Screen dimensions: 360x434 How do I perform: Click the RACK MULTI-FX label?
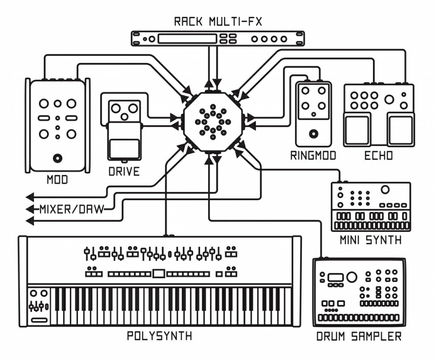pos(217,22)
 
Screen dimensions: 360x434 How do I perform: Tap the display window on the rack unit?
pos(187,39)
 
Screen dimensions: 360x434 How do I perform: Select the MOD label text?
pos(57,180)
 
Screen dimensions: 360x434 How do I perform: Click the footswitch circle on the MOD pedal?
pos(57,159)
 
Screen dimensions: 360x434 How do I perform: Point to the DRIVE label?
pos(124,171)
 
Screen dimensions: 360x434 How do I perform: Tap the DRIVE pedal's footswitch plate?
pos(124,148)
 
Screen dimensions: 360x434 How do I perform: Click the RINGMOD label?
pos(313,156)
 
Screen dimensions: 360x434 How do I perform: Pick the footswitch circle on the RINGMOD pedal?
pos(313,134)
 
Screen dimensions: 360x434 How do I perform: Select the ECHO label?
pos(378,156)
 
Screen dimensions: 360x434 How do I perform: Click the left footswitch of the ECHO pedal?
pos(357,130)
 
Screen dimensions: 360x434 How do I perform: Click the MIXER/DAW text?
pos(72,209)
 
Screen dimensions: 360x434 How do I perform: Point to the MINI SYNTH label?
pos(371,240)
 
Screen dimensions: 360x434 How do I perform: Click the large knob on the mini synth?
pos(385,190)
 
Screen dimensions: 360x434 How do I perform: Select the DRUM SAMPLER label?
pos(359,337)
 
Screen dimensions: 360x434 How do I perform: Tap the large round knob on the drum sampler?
pos(351,277)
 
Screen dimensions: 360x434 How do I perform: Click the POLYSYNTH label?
pos(159,336)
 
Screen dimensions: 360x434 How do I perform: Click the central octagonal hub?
pos(213,122)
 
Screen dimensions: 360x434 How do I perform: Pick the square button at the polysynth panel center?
pos(159,273)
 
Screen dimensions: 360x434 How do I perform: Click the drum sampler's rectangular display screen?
pos(335,277)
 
